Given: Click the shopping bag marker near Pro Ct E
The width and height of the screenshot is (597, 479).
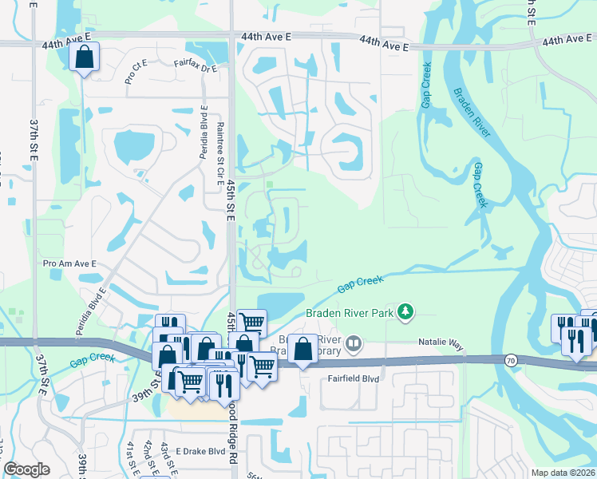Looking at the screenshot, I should [x=83, y=57].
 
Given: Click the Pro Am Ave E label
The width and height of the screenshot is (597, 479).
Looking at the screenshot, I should [x=69, y=263].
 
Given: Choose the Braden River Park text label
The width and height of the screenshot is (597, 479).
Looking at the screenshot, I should [x=350, y=313].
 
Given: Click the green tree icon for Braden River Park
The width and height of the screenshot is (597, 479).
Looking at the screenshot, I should [x=406, y=311].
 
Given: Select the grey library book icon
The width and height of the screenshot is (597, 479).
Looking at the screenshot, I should [x=354, y=345].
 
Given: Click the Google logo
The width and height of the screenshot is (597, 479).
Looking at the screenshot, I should [x=26, y=469].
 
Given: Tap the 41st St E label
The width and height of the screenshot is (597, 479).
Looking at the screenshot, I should [x=132, y=457].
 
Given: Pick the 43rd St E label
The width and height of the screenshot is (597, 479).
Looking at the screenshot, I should [x=165, y=455].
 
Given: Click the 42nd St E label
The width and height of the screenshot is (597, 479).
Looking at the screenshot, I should [x=148, y=455].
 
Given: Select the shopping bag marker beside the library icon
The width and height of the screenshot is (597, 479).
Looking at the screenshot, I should [x=302, y=350].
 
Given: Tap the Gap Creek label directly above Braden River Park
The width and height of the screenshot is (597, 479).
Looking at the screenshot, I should [x=360, y=283].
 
